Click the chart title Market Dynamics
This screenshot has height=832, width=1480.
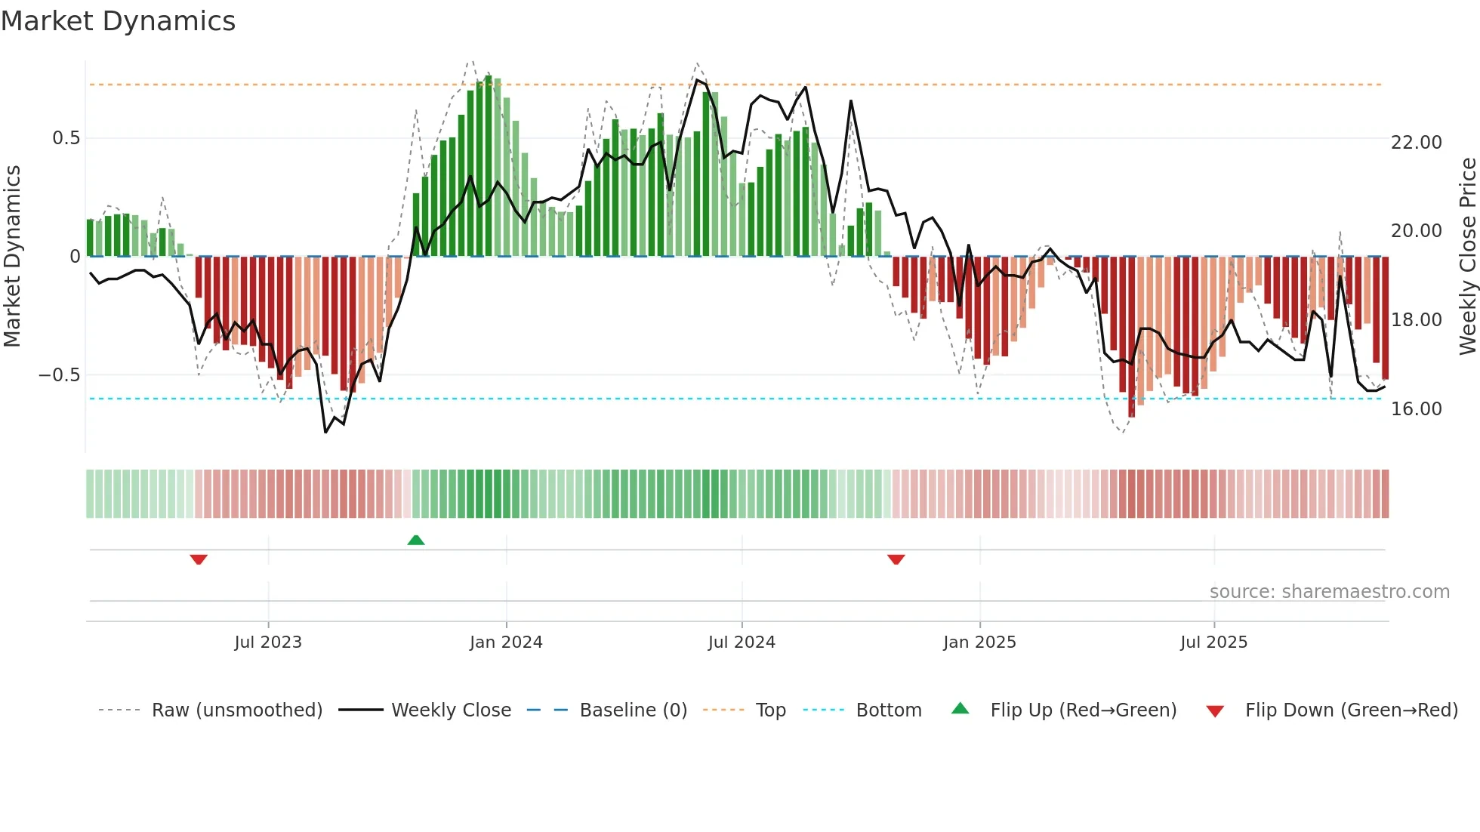[x=118, y=21]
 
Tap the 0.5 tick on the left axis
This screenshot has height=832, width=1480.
[x=66, y=138]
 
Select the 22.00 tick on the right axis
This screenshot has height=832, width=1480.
[x=1416, y=143]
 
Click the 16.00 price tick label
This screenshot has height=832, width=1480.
[x=1416, y=409]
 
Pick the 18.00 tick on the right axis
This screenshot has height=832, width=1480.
[x=1416, y=320]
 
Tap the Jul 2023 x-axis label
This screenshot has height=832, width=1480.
[x=268, y=642]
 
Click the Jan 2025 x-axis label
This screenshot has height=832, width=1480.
[x=979, y=642]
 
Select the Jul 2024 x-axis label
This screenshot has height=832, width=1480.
[x=742, y=642]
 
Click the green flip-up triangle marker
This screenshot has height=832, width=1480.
[x=416, y=540]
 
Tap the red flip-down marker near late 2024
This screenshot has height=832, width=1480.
[x=896, y=559]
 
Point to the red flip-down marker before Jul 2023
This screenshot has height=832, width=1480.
[x=199, y=559]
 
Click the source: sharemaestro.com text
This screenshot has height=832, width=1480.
[x=1329, y=592]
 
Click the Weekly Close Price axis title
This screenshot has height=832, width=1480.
[x=1467, y=257]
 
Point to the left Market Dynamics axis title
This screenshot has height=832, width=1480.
[x=12, y=257]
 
